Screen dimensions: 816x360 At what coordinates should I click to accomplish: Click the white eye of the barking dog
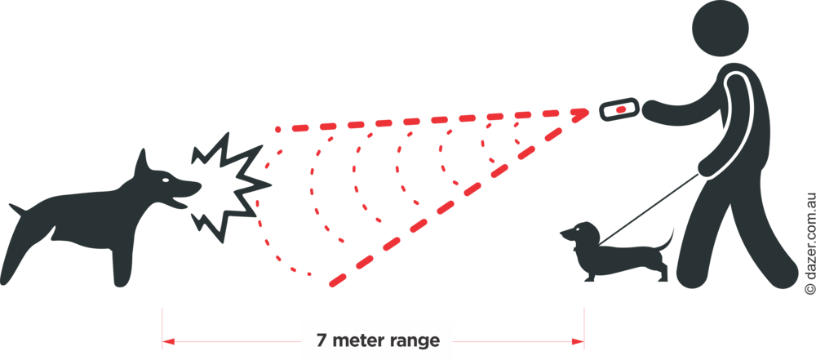coord(166,180)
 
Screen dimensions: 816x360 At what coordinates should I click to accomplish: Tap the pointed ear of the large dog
coord(141,163)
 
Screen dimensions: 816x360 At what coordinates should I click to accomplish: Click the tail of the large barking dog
coord(17,210)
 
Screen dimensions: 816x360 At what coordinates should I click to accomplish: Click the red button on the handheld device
coord(620,109)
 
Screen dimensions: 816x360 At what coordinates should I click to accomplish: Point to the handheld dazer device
coord(619,109)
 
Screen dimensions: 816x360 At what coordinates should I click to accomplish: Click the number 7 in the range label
coord(322,340)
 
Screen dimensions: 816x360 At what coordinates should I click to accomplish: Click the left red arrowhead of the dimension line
coord(168,342)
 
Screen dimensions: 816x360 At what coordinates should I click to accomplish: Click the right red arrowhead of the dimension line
coord(578,342)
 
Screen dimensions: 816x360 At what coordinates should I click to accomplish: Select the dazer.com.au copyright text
coord(809,243)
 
